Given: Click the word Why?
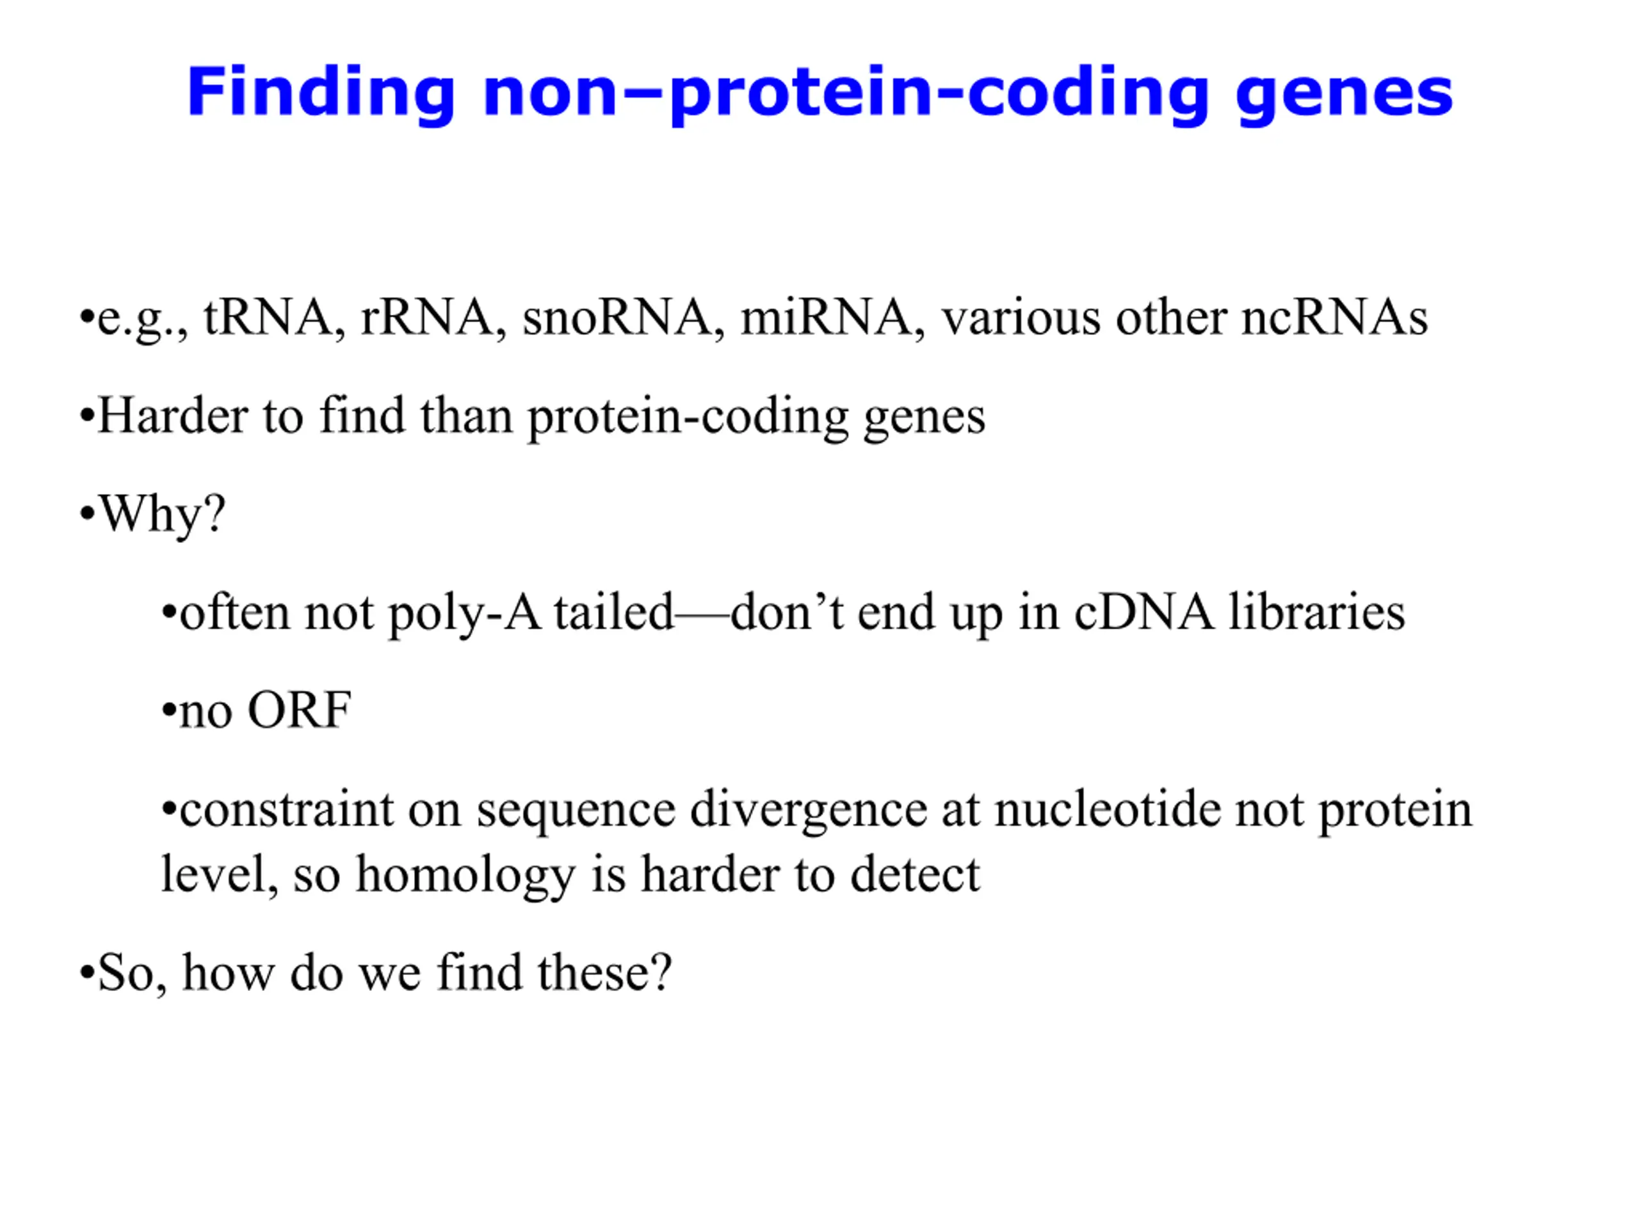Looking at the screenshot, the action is coord(162,515).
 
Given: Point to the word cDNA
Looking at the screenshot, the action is coord(1145,613).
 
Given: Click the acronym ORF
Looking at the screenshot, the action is coord(300,711).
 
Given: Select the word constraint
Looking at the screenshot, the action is coord(287,809).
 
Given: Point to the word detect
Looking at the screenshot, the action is coord(915,875).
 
